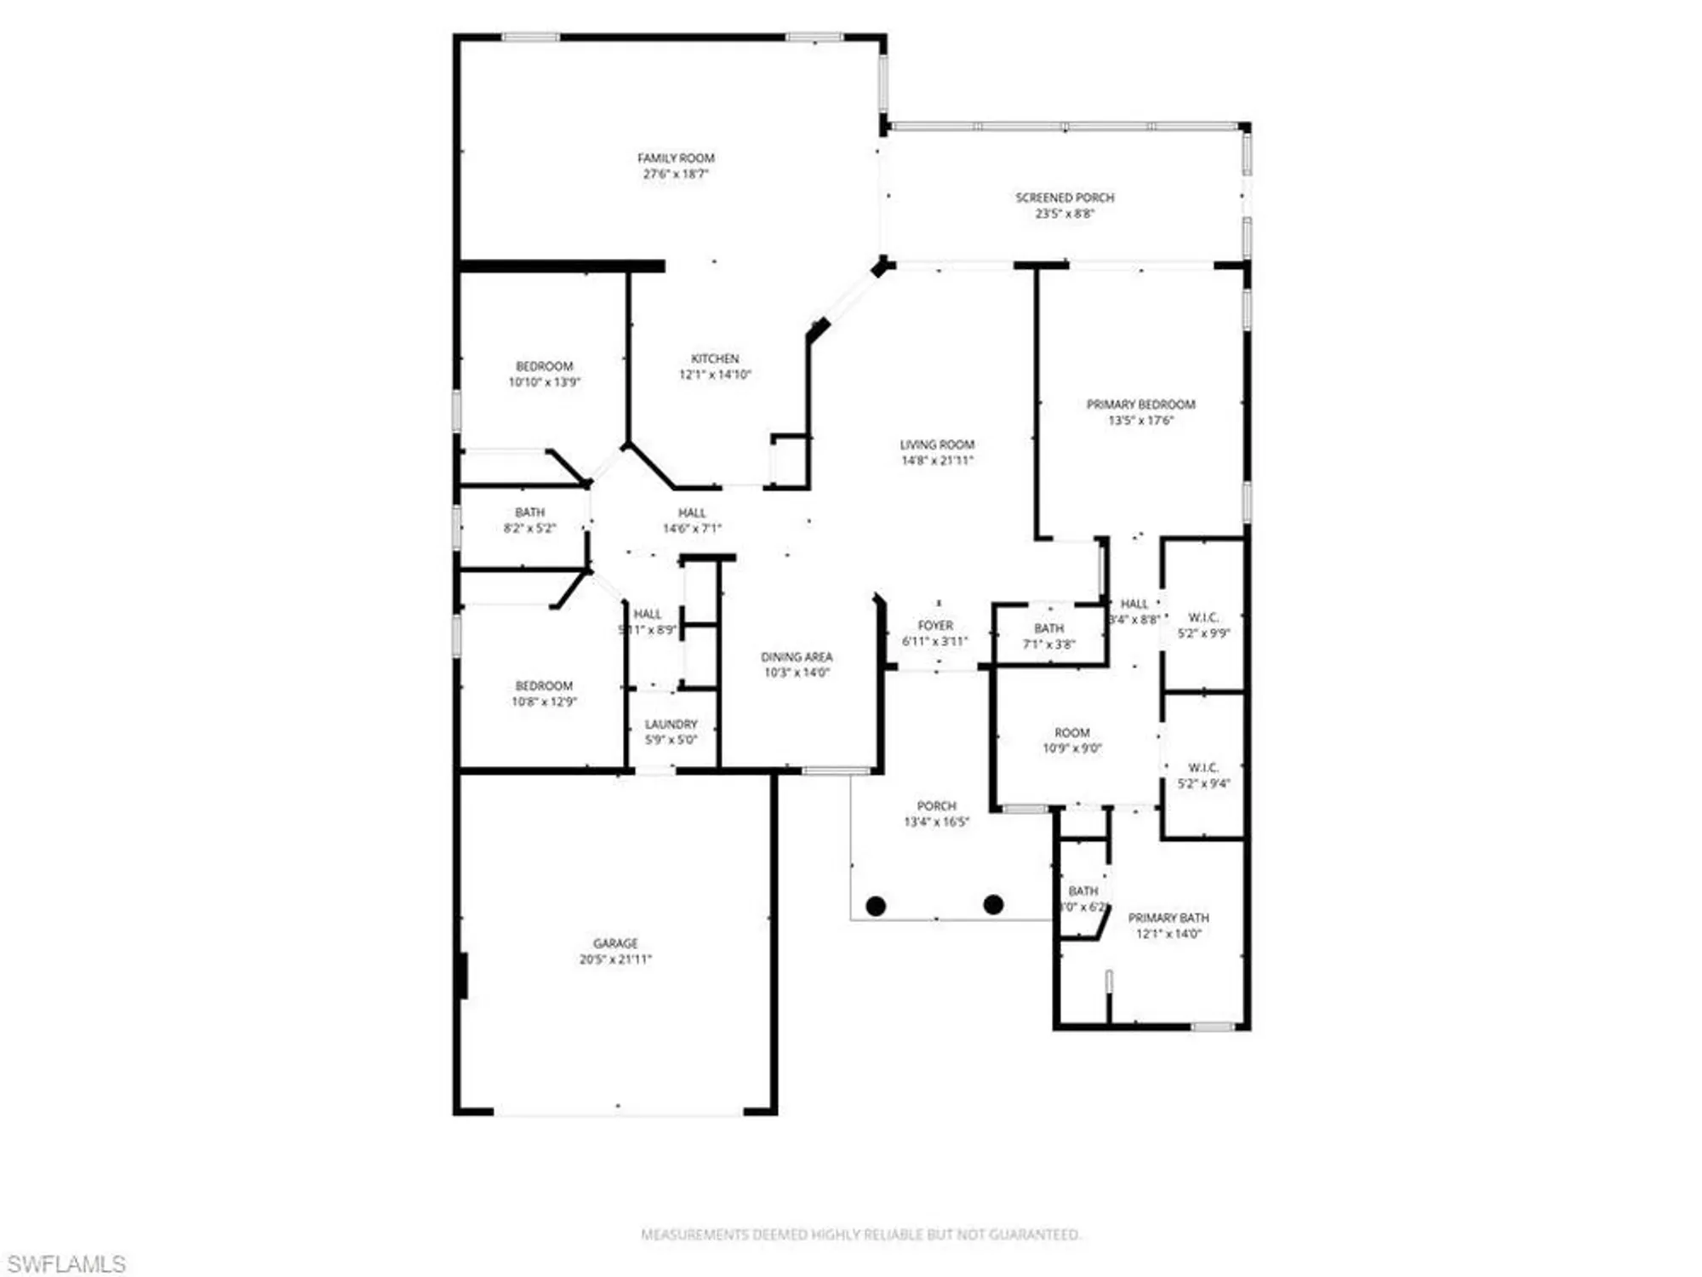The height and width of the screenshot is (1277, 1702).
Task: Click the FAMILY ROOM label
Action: point(676,158)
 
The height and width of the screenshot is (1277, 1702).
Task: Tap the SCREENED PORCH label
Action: point(1065,198)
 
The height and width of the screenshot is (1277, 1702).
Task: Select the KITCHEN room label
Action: point(715,358)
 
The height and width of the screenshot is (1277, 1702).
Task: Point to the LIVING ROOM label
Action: point(937,444)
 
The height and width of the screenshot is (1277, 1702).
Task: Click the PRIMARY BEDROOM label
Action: point(1140,404)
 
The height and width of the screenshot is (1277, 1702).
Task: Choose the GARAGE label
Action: point(615,943)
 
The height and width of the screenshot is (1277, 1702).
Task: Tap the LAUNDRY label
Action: point(671,724)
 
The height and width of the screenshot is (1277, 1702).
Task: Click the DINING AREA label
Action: point(797,657)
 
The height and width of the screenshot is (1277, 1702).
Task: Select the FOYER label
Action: point(935,626)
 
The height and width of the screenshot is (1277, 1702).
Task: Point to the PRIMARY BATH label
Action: point(1168,918)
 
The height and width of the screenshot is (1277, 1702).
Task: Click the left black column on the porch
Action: point(876,906)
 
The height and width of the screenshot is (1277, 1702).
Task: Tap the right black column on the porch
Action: point(993,904)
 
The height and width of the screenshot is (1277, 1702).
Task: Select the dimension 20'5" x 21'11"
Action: point(615,959)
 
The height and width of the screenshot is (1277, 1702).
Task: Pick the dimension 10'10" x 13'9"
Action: point(545,382)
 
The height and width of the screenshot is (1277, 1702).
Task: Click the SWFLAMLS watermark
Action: point(66,1264)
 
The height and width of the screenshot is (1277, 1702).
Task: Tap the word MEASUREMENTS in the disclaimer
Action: point(695,1234)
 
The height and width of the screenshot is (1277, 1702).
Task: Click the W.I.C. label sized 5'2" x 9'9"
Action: point(1203,617)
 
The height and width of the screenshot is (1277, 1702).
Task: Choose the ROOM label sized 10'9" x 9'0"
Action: point(1072,733)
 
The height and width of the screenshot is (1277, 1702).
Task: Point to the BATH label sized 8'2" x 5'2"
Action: point(529,513)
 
